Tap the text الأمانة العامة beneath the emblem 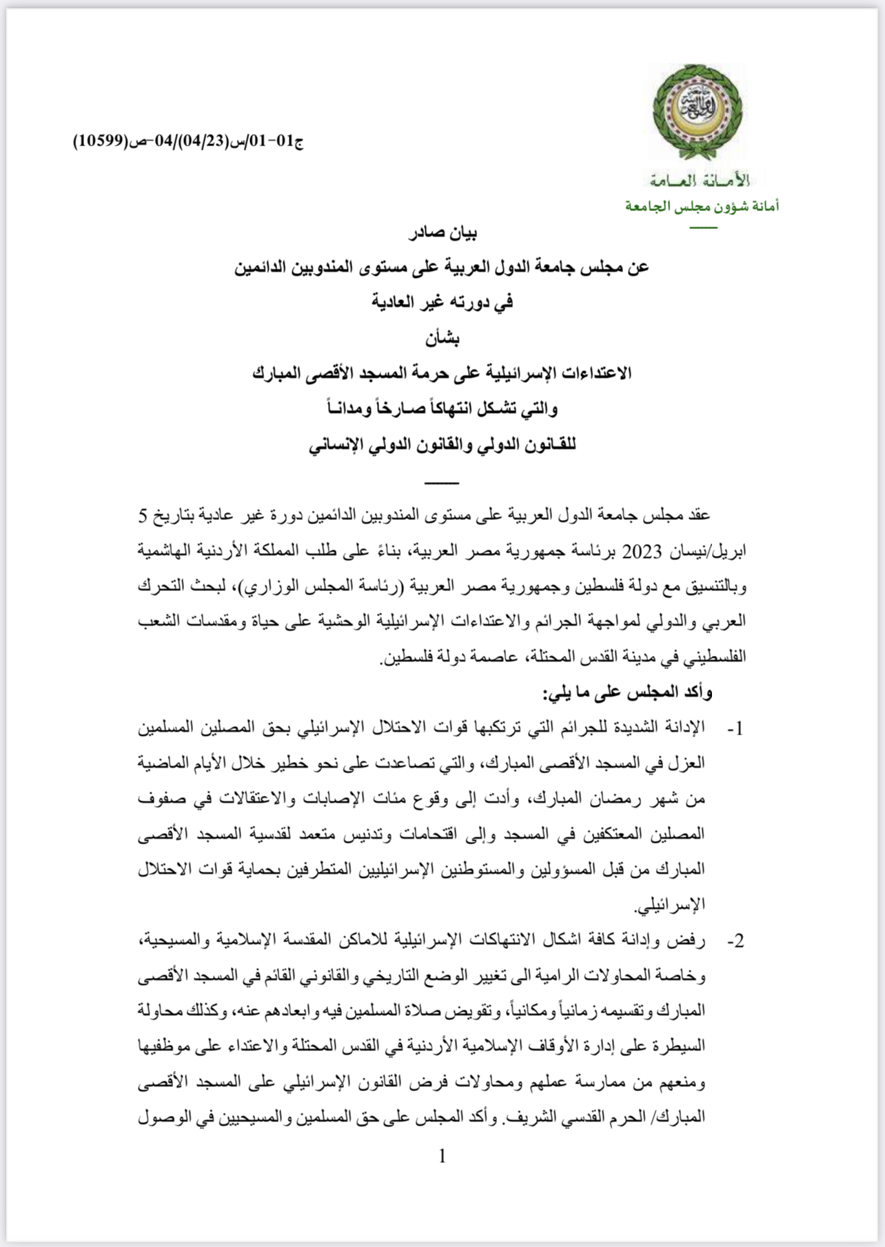click(700, 181)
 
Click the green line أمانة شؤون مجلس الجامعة click(702, 206)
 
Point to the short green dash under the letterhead click(703, 228)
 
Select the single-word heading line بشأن click(442, 338)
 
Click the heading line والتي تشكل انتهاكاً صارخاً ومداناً click(442, 408)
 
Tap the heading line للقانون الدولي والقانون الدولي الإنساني click(442, 444)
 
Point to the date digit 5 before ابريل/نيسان click(143, 516)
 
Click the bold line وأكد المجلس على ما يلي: click(629, 692)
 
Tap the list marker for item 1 click(735, 730)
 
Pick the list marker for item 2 click(735, 941)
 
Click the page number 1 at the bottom click(443, 1156)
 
